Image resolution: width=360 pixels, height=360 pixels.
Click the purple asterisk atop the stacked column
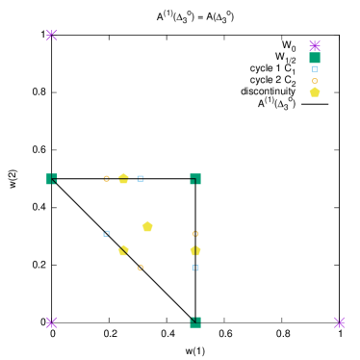(315, 45)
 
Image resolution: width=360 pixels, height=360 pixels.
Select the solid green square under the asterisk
(315, 58)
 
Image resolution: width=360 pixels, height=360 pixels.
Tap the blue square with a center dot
(315, 69)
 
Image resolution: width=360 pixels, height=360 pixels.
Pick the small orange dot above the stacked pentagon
(315, 81)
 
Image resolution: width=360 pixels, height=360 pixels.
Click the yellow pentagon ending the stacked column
(315, 92)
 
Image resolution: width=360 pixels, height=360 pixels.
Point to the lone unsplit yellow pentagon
(147, 226)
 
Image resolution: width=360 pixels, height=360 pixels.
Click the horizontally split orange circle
(107, 178)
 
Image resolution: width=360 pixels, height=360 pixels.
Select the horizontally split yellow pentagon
(123, 178)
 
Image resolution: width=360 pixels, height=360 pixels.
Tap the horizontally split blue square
(141, 178)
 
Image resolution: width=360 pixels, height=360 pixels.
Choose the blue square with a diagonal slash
(107, 233)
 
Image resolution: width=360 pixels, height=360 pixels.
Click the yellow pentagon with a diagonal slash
(123, 250)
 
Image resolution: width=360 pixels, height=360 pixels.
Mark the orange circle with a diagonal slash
(141, 268)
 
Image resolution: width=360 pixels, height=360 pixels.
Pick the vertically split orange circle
(195, 233)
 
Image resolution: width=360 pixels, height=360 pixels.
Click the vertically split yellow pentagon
(195, 250)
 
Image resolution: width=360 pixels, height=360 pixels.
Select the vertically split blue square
(195, 268)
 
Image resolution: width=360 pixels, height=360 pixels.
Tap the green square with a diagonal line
(52, 179)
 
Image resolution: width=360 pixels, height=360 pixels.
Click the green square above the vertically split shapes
(195, 179)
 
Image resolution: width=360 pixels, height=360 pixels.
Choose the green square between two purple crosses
(195, 322)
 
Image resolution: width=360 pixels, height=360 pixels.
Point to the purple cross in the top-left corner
(52, 36)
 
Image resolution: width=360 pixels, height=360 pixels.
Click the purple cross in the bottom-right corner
(339, 322)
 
